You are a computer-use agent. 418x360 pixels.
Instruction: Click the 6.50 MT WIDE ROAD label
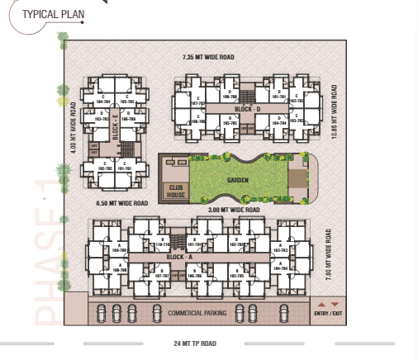pyautogui.click(x=121, y=202)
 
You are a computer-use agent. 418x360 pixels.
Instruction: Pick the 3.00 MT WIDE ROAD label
pyautogui.click(x=235, y=210)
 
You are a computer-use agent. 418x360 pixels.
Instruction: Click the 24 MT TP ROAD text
pyautogui.click(x=195, y=342)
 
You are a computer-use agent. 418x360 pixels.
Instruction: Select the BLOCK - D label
pyautogui.click(x=247, y=108)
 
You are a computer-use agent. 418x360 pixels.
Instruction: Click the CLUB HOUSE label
pyautogui.click(x=175, y=190)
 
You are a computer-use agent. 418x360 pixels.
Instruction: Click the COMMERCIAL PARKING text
pyautogui.click(x=197, y=314)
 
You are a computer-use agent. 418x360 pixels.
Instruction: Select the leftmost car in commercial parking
pyautogui.click(x=102, y=313)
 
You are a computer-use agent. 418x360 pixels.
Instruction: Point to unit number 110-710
pyautogui.click(x=164, y=245)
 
